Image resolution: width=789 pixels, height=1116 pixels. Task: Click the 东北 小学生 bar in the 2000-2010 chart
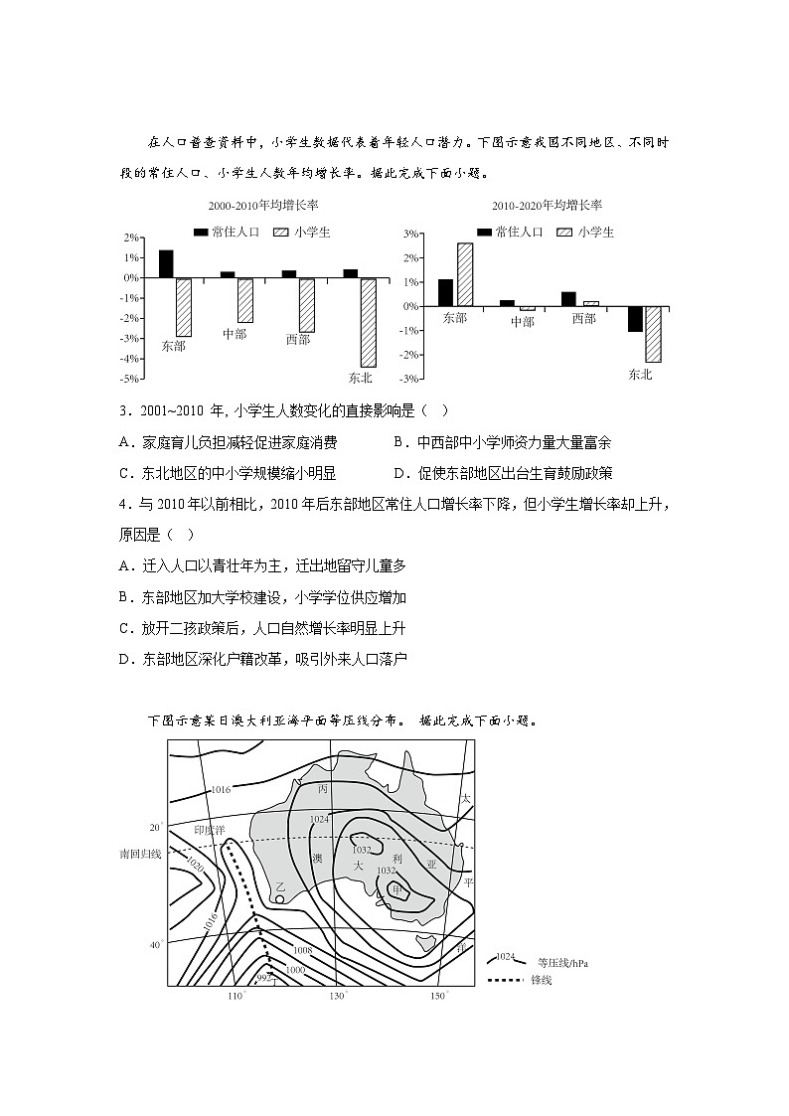tap(368, 323)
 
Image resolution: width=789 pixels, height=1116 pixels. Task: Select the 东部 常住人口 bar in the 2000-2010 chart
tap(166, 264)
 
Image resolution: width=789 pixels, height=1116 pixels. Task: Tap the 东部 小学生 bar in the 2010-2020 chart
tap(464, 275)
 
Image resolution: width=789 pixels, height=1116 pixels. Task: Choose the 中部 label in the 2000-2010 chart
tap(235, 334)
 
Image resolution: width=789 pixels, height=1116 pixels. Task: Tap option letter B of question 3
tap(399, 442)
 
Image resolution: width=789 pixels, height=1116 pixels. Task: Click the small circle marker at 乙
tap(281, 899)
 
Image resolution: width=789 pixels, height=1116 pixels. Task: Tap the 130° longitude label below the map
tap(338, 996)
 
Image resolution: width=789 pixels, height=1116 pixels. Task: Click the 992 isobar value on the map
tap(262, 979)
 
